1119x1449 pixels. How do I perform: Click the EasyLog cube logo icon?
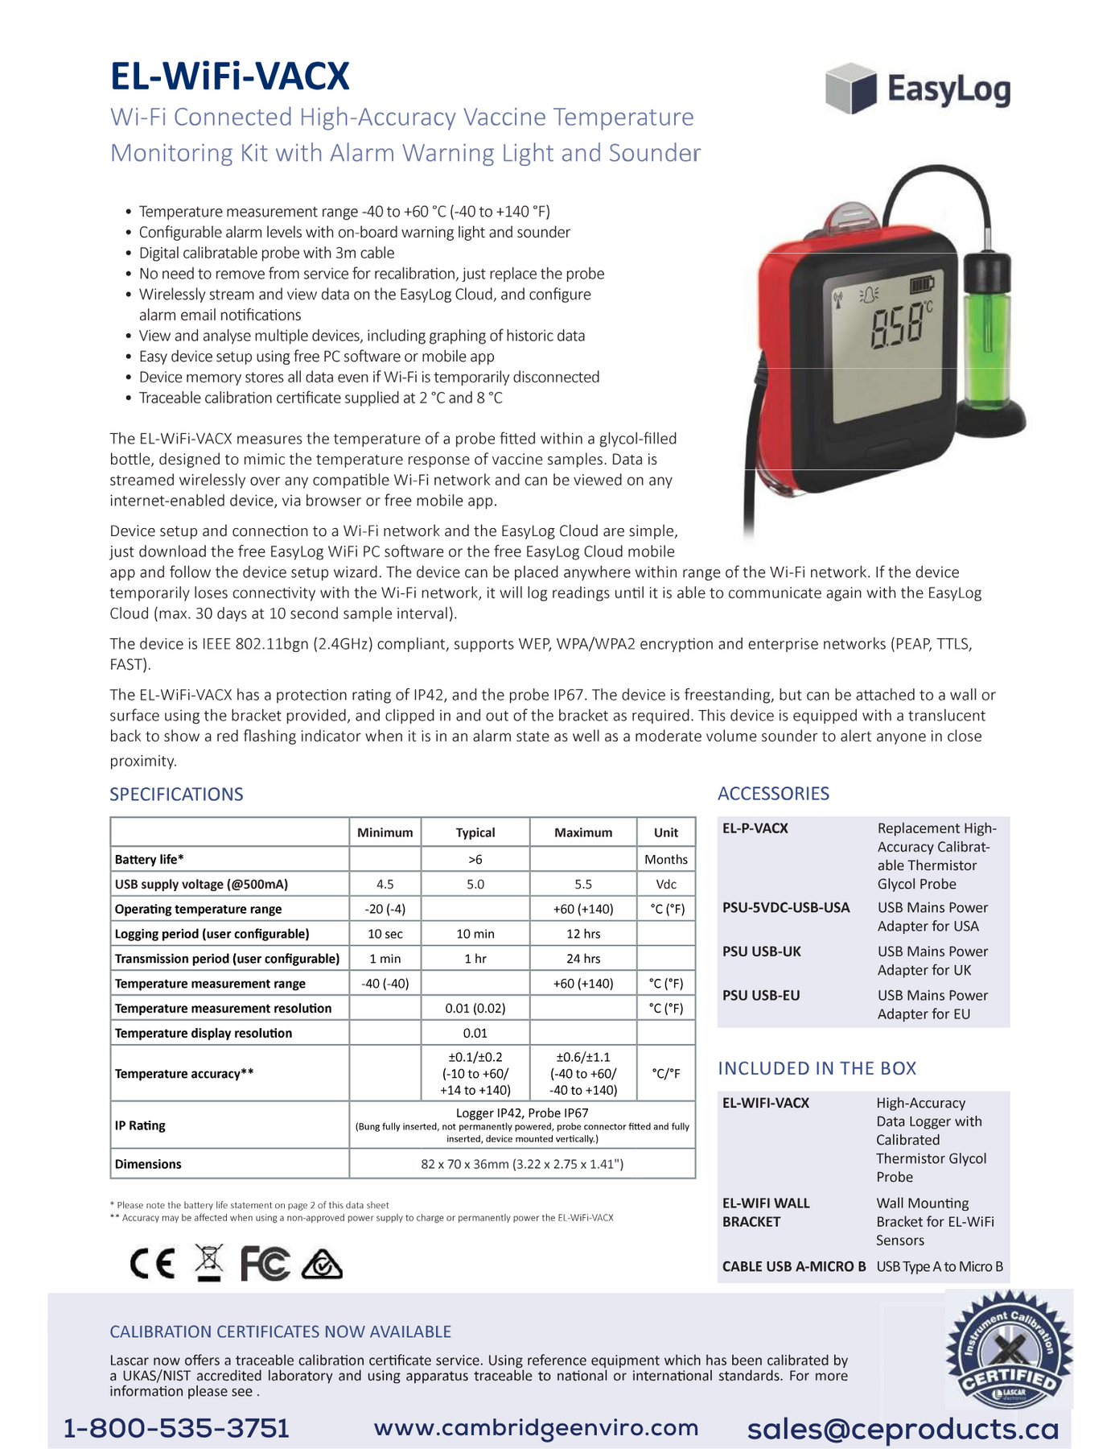850,88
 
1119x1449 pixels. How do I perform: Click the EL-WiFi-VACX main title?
229,77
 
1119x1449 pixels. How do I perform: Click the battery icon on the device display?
923,285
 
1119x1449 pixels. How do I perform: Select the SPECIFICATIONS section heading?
176,795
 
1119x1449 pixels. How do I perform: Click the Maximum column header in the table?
582,832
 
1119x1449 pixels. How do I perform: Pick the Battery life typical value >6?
475,859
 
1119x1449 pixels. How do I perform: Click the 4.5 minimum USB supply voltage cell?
385,884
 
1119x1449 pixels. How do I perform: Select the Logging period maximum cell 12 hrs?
582,934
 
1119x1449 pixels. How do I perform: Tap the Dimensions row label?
148,1164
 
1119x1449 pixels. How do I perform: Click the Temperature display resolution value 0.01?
475,1033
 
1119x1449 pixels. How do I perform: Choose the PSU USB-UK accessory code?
761,952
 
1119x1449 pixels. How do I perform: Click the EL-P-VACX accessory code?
755,828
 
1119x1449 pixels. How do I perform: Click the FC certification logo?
265,1264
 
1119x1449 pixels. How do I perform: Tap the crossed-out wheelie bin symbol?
209,1262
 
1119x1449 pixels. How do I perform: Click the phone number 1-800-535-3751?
176,1428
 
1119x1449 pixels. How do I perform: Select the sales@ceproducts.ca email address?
903,1429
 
